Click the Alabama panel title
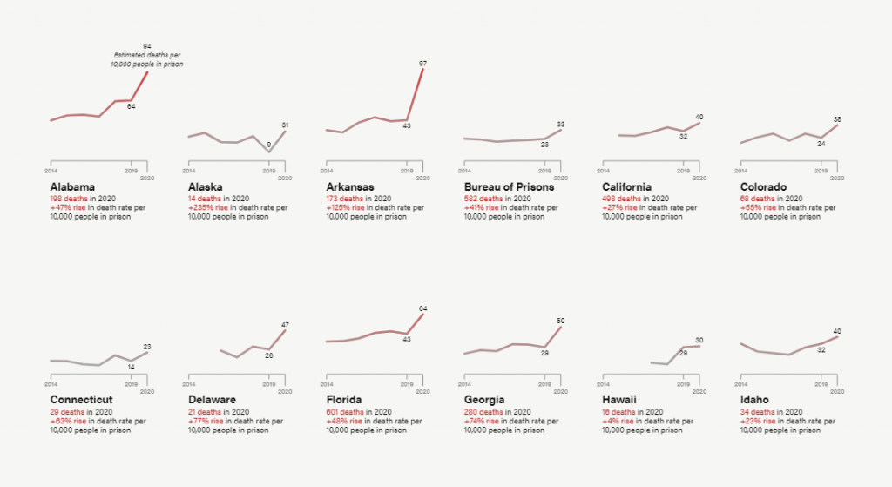(x=72, y=187)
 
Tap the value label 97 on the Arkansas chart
(x=422, y=64)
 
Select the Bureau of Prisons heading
(x=509, y=187)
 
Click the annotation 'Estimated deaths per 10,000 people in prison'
(x=146, y=60)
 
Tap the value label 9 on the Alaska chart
(x=268, y=145)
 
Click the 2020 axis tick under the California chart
(x=699, y=178)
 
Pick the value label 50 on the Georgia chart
(x=560, y=321)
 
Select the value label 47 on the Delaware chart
(x=285, y=325)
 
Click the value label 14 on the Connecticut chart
(x=131, y=367)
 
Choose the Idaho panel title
(x=754, y=400)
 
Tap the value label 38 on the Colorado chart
(x=837, y=119)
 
